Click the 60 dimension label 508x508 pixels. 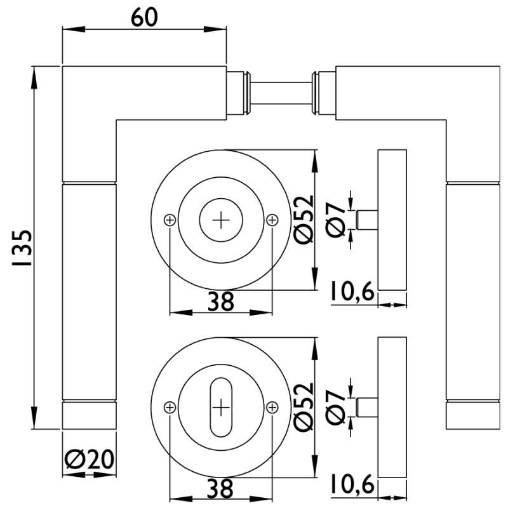(144, 17)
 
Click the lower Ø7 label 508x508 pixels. (337, 406)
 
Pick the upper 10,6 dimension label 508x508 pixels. (352, 293)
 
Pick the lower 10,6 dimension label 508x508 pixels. (352, 485)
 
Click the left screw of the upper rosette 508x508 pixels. (170, 220)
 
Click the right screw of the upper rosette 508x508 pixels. (272, 220)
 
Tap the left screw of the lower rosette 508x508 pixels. (170, 407)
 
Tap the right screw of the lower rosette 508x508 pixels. (272, 407)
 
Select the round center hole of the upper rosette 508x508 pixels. (221, 220)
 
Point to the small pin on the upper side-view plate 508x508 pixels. (368, 219)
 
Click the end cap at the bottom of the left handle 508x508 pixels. (90, 415)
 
